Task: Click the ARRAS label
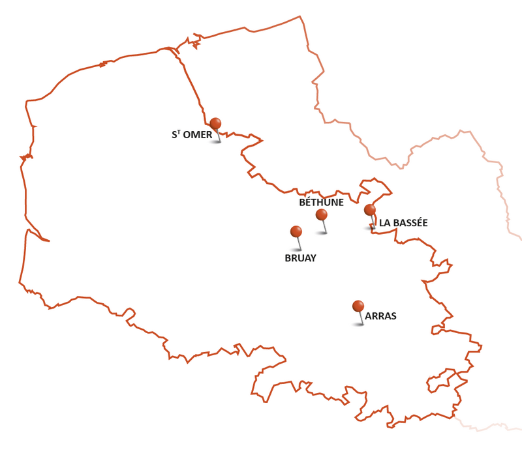click(x=380, y=316)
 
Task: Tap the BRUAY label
click(x=300, y=258)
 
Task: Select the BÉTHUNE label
click(x=321, y=202)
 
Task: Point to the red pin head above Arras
click(x=358, y=306)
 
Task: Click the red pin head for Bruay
click(x=296, y=231)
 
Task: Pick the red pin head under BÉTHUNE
click(x=321, y=214)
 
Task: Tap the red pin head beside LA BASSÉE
click(x=370, y=210)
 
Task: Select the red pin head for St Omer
click(x=215, y=123)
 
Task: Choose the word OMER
click(x=198, y=135)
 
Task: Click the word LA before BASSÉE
click(x=385, y=223)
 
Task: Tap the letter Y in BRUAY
click(x=313, y=258)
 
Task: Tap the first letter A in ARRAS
click(x=369, y=316)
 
